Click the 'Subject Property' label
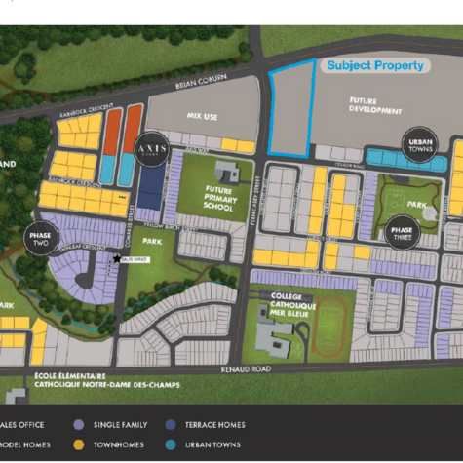375,66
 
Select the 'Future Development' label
375,106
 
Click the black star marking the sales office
117,258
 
